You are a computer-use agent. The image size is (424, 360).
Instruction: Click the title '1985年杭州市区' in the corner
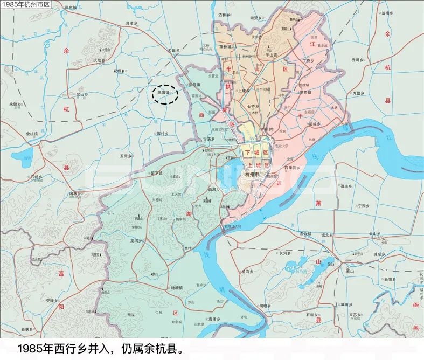[x=25, y=4]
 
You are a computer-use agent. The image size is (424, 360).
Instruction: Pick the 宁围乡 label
[x=364, y=206]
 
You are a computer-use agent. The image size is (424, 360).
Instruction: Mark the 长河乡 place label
[x=284, y=252]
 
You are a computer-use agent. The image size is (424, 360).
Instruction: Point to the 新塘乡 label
[x=390, y=279]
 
